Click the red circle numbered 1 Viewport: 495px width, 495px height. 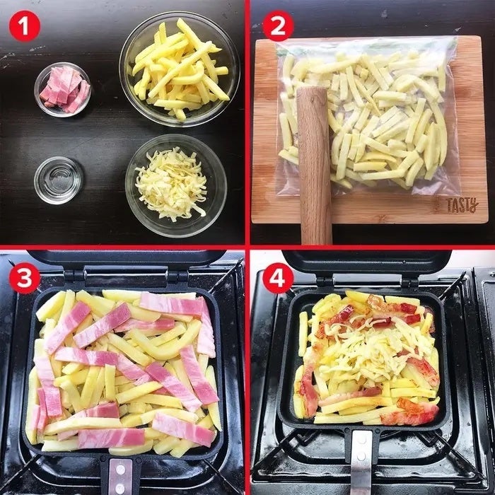pyautogui.click(x=25, y=26)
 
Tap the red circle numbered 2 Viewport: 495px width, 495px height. pyautogui.click(x=278, y=26)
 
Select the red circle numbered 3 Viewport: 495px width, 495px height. pyautogui.click(x=25, y=279)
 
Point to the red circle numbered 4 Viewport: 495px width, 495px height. pyautogui.click(x=278, y=279)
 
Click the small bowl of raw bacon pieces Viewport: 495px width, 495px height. pyautogui.click(x=62, y=90)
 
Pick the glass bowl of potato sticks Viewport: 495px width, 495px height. pyautogui.click(x=180, y=69)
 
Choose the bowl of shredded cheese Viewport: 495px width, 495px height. pyautogui.click(x=176, y=185)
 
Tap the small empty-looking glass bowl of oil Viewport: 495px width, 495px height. pyautogui.click(x=59, y=180)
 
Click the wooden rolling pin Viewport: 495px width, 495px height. pyautogui.click(x=314, y=165)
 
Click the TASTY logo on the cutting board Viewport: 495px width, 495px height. pyautogui.click(x=462, y=205)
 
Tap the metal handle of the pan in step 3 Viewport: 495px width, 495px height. pyautogui.click(x=121, y=476)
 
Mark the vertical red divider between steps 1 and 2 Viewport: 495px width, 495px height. pyautogui.click(x=248, y=122)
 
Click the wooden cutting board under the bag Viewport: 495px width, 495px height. pyautogui.click(x=369, y=129)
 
